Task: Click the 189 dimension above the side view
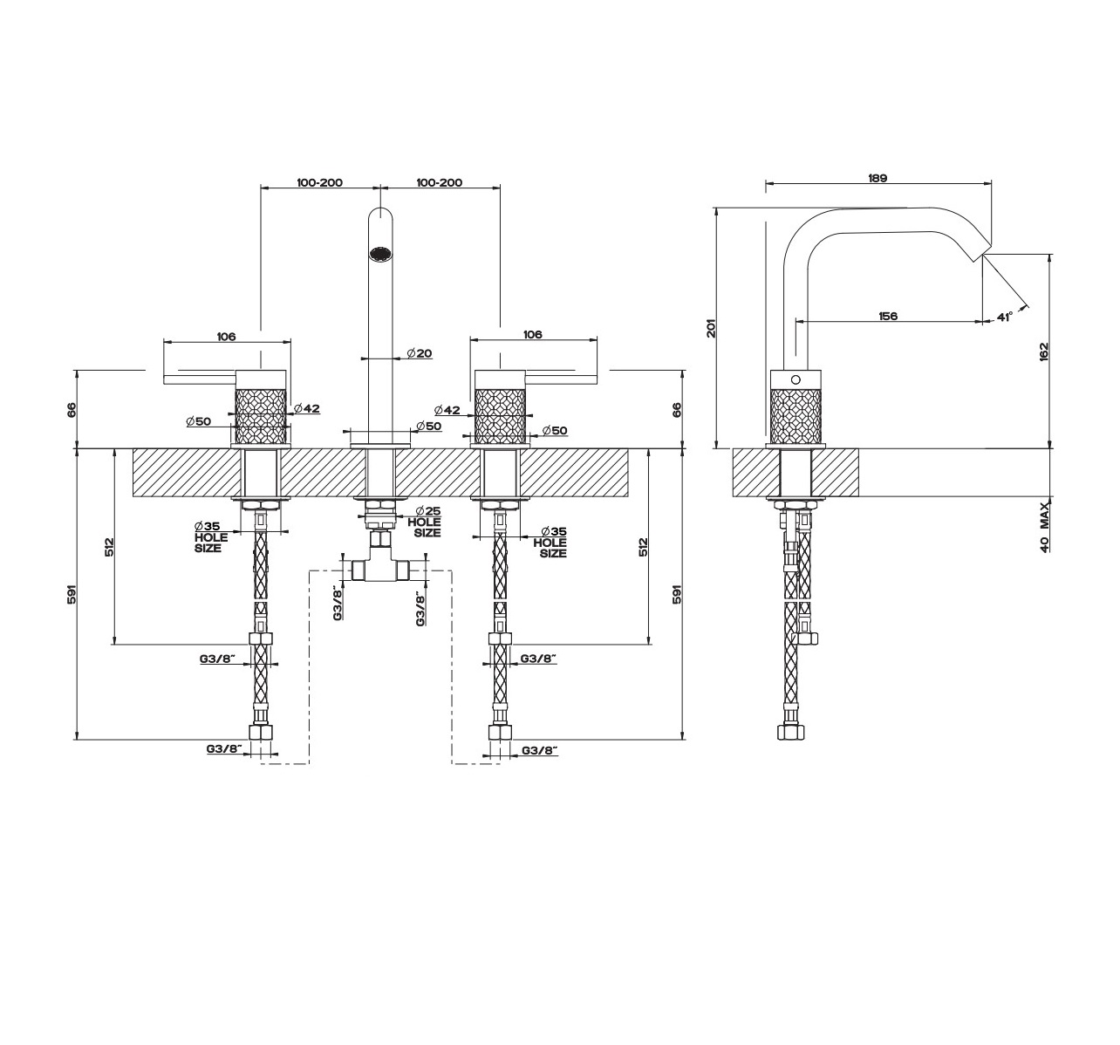pos(878,178)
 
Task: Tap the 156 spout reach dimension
pos(888,316)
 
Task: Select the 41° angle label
pos(1004,317)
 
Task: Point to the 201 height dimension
pos(712,328)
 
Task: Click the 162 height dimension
pos(1044,352)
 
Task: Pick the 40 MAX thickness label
pos(1045,527)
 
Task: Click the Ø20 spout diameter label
pos(419,353)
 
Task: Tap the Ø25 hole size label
pos(424,522)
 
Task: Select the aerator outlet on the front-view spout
pos(380,254)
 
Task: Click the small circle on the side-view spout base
pos(796,379)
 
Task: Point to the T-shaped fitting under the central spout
pos(380,562)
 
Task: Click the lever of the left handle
pos(199,379)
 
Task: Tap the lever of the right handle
pos(563,379)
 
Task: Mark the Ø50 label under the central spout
pos(429,427)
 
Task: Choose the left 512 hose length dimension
pos(109,546)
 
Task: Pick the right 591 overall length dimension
pos(677,594)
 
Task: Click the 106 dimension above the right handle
pos(532,334)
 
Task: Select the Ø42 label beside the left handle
pos(307,408)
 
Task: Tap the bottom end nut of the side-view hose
pos(790,732)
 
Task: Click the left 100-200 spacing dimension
pos(320,182)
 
